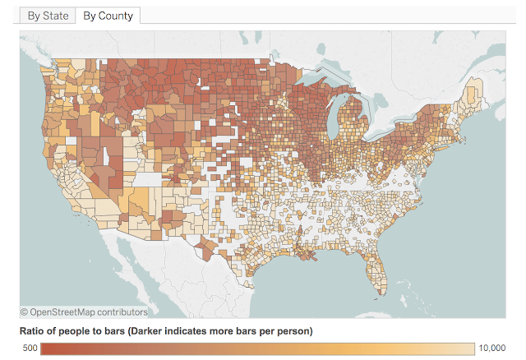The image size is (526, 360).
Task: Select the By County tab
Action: click(x=108, y=16)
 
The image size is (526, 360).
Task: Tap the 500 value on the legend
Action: click(x=29, y=348)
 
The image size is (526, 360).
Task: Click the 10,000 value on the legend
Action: click(x=491, y=348)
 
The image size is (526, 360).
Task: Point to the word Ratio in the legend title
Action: click(x=35, y=331)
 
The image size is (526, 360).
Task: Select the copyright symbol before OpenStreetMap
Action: click(x=25, y=312)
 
